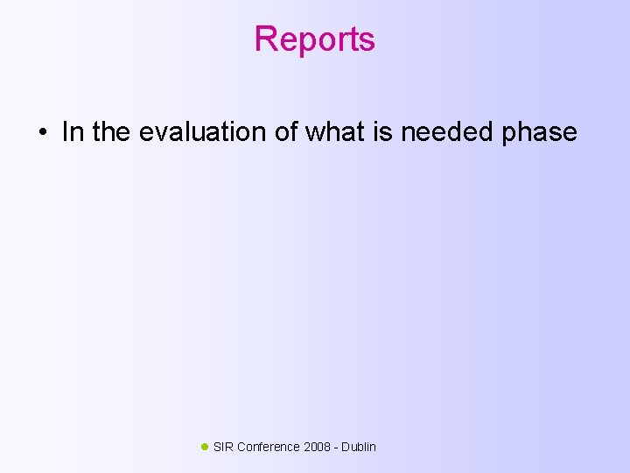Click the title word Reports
(x=314, y=39)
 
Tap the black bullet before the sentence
(x=42, y=134)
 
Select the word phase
(x=540, y=133)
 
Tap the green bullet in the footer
(x=205, y=447)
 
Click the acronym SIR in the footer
(x=223, y=447)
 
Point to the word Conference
(x=268, y=447)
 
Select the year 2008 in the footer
(x=318, y=447)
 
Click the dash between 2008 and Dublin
(x=336, y=448)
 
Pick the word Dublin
(x=359, y=447)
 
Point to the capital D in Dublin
(x=346, y=447)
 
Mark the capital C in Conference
(x=241, y=447)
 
